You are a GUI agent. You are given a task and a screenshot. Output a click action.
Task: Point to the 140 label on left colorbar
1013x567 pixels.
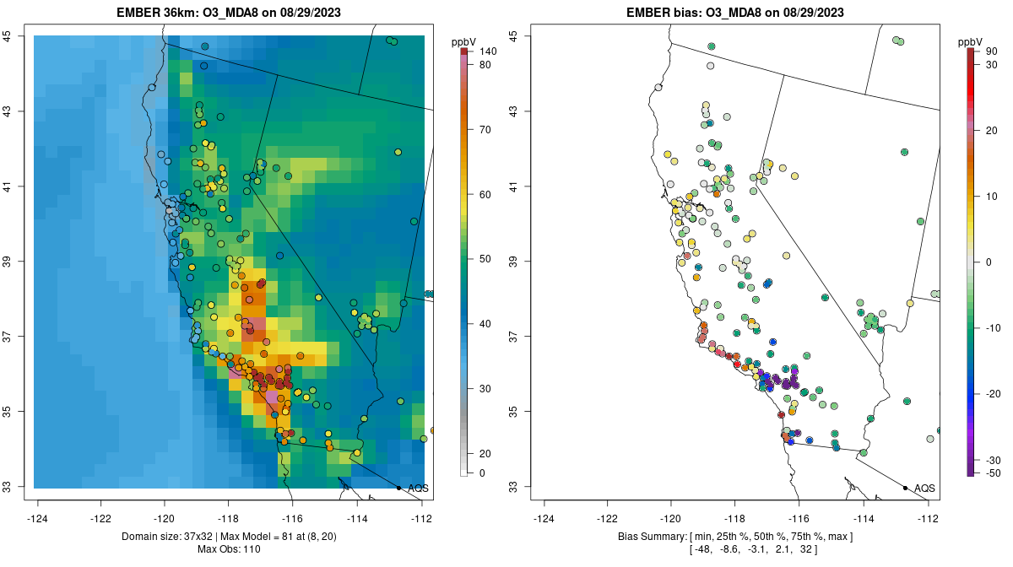pyautogui.click(x=486, y=51)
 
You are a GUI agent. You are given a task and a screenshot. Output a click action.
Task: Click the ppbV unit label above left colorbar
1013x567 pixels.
pyautogui.click(x=463, y=40)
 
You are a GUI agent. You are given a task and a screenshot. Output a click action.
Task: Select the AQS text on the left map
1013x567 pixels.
pyautogui.click(x=418, y=489)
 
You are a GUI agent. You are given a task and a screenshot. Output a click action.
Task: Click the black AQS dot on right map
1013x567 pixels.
pyautogui.click(x=905, y=488)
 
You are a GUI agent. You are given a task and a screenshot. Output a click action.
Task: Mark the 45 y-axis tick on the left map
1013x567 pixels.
pyautogui.click(x=19, y=35)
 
